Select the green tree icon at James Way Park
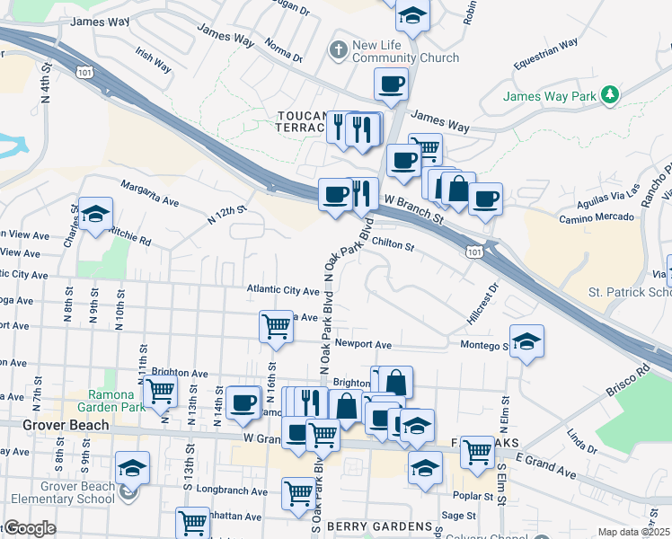click(610, 94)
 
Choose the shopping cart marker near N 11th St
click(160, 391)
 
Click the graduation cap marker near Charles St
click(95, 214)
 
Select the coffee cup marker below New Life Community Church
click(391, 84)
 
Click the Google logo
click(29, 528)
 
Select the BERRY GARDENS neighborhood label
click(367, 526)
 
